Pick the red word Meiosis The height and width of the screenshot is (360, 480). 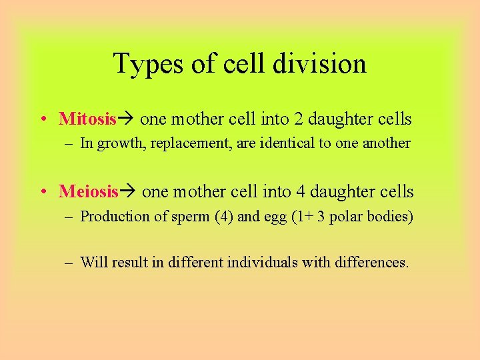(x=89, y=192)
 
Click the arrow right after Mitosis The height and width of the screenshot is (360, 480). (x=127, y=119)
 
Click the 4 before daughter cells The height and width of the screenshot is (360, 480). (x=301, y=192)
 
